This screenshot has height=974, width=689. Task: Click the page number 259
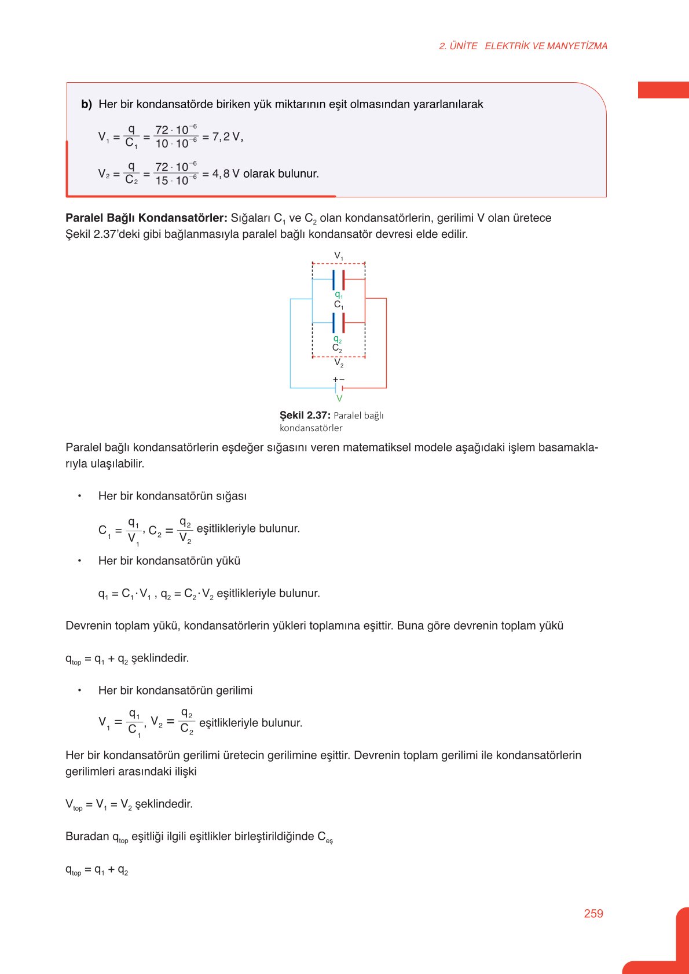pos(593,913)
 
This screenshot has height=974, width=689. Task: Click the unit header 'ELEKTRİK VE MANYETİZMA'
pos(546,46)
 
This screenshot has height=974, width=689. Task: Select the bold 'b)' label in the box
pos(87,105)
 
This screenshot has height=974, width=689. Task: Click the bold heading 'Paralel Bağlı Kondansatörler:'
pos(146,218)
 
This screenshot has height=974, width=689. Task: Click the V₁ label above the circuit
pos(339,255)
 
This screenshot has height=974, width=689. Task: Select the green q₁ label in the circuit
pos(339,295)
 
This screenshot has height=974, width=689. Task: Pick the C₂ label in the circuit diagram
pos(337,348)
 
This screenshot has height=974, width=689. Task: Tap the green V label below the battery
pos(339,398)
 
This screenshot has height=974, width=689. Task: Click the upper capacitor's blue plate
pos(333,280)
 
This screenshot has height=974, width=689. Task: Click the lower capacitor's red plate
pos(343,323)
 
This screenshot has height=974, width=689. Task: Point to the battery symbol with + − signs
pos(339,385)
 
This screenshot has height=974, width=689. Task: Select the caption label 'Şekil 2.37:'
pos(305,416)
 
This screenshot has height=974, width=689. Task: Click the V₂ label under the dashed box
pos(339,363)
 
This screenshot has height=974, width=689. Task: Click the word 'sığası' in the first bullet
pos(231,496)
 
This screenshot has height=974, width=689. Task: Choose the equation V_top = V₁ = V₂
pos(129,804)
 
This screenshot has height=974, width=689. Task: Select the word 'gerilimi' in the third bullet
pos(234,690)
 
